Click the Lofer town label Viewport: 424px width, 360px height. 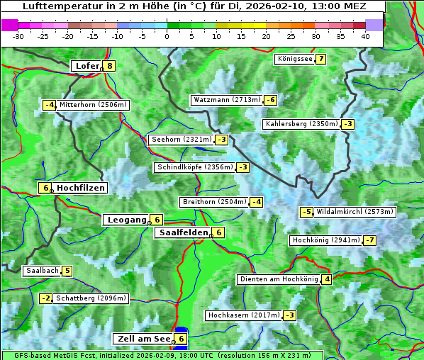tap(87, 66)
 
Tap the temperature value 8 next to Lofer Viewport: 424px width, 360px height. tap(109, 66)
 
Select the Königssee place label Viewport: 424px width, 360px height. tap(295, 59)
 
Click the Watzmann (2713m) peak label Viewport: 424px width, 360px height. tap(226, 100)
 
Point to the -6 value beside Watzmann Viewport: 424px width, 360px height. tap(270, 100)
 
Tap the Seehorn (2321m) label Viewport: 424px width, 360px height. tap(182, 140)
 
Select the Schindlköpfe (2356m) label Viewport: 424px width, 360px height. tap(194, 167)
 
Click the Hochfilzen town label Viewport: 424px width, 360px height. tap(81, 188)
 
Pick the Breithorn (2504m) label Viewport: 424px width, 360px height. tap(214, 202)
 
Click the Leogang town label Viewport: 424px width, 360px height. tap(127, 220)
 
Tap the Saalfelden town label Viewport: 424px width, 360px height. tap(184, 232)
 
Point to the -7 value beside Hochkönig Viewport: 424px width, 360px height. tap(370, 240)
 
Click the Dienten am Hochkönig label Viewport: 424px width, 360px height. tap(278, 279)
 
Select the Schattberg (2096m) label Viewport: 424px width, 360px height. tap(91, 298)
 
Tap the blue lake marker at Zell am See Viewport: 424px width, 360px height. tap(182, 331)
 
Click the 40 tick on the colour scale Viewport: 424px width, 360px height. tap(365, 36)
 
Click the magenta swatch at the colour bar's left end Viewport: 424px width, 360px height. tap(10, 24)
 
